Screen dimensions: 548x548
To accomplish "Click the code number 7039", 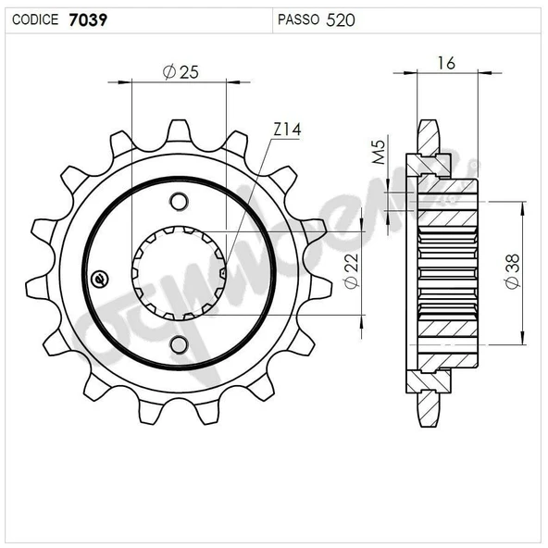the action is pos(88,20).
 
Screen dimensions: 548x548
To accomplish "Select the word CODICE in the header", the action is pos(35,19).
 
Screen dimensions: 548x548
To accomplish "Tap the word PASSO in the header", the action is pos(298,19).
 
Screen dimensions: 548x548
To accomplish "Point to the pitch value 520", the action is pos(341,20).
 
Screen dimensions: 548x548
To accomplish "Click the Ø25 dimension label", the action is pos(181,72).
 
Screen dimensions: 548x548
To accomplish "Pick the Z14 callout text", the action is pos(287,130).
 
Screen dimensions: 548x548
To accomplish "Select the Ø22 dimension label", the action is pos(352,271).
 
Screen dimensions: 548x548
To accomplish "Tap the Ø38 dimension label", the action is pos(513,271).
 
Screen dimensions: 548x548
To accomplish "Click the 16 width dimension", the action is pos(446,63).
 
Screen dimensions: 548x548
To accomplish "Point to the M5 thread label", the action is pos(379,152).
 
